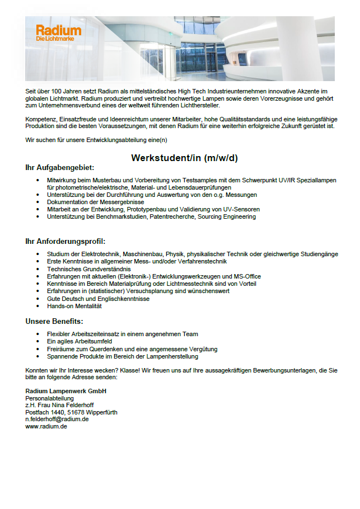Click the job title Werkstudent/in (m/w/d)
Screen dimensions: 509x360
pos(184,158)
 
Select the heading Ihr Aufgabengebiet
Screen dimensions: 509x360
pos(59,167)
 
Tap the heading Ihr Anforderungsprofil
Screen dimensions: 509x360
pos(65,241)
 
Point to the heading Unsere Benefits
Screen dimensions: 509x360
pos(54,321)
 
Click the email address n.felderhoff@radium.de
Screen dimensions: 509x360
pos(57,419)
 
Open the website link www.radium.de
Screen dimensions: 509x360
pos(46,426)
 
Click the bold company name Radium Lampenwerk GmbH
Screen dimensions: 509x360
pos(66,390)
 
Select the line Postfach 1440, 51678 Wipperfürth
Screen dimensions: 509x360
pos(71,412)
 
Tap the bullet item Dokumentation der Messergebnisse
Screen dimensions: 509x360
pos(95,202)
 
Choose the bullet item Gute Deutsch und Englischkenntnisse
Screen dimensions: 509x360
pos(98,299)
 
